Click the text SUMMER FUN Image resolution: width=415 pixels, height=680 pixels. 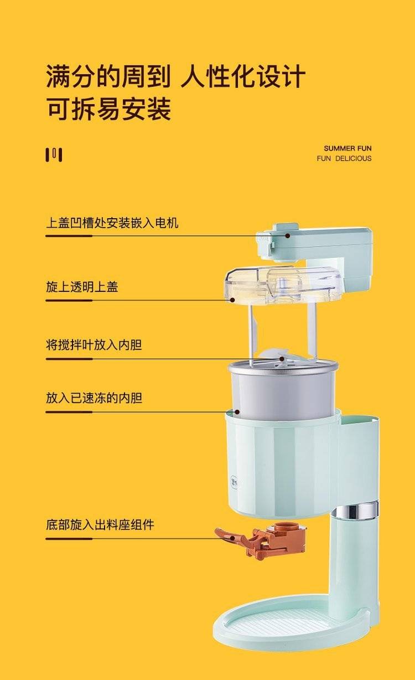tap(347, 148)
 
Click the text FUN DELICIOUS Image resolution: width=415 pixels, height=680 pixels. tap(344, 158)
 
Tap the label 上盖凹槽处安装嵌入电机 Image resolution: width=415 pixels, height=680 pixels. tap(112, 223)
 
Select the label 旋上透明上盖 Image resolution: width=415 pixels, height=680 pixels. tap(82, 287)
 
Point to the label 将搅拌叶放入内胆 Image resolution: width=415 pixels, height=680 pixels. tap(94, 345)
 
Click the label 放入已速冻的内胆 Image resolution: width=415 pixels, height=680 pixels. tap(94, 398)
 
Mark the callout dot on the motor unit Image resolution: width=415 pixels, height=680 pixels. tap(287, 235)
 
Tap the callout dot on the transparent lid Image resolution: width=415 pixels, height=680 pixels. tap(232, 300)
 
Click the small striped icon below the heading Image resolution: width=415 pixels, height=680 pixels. tap(54, 155)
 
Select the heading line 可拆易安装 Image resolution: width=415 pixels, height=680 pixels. tap(108, 109)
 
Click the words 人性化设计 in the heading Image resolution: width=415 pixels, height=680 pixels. tap(243, 76)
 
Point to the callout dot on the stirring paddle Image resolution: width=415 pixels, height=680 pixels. tap(282, 359)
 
